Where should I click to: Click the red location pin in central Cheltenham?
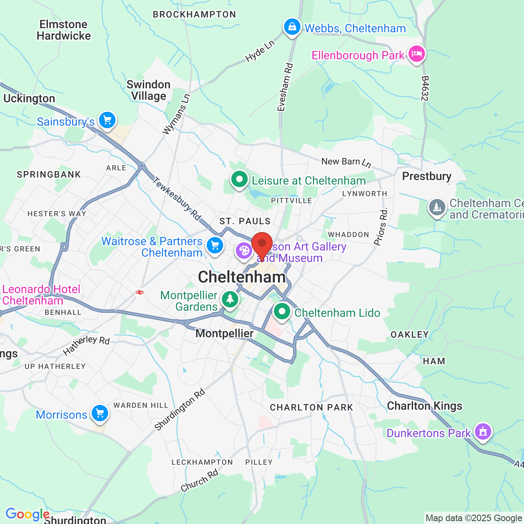(262, 244)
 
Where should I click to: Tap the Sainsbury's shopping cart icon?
(107, 121)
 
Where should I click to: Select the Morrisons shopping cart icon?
(99, 414)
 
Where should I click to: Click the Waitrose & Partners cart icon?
(215, 246)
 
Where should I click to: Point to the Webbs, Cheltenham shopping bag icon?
(292, 27)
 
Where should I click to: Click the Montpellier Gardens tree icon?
(230, 300)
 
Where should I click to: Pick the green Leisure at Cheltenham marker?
(239, 180)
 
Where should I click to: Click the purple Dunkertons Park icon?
(483, 432)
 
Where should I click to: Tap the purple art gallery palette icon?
(244, 251)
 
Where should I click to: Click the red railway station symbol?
(140, 292)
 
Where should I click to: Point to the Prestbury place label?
(427, 176)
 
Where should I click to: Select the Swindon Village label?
(148, 90)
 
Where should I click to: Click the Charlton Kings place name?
(425, 406)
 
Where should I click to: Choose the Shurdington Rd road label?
(180, 410)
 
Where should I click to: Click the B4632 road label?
(425, 88)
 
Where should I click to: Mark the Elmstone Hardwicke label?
(63, 30)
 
